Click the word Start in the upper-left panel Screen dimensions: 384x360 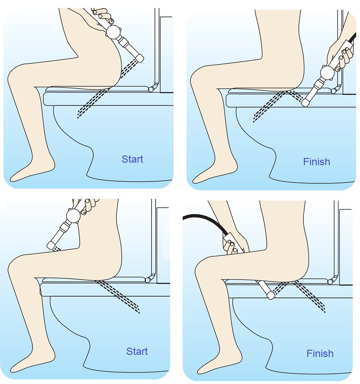[132, 159]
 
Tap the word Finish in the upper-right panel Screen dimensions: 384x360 [317, 162]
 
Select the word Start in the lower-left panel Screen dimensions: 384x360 [137, 351]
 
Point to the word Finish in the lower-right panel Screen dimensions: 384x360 [320, 354]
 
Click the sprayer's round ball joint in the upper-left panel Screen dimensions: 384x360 [114, 32]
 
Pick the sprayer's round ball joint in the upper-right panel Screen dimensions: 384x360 [327, 73]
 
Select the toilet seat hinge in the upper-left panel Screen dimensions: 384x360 [152, 88]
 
